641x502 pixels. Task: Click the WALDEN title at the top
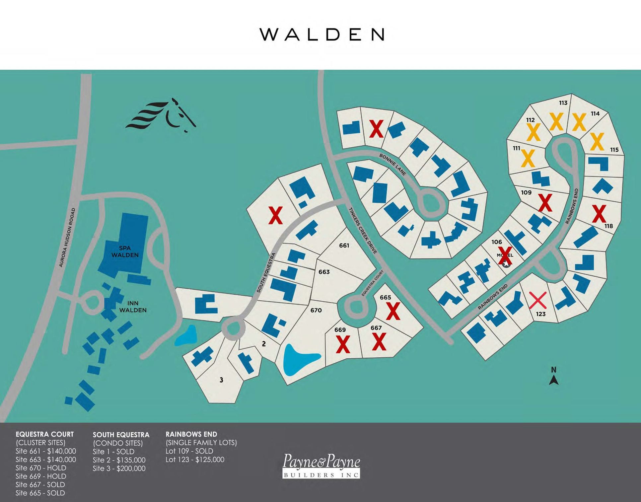click(x=322, y=35)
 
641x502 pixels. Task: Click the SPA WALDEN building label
click(x=125, y=251)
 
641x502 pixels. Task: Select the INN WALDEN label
click(x=133, y=307)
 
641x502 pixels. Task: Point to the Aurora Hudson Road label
click(x=67, y=238)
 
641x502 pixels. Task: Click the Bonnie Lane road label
click(x=393, y=164)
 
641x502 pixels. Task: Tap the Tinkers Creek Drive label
click(x=363, y=231)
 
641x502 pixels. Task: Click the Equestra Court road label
click(x=373, y=283)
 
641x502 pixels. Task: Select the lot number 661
click(x=344, y=246)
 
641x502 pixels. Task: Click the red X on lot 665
click(x=393, y=311)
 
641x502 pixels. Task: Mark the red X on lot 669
click(x=343, y=344)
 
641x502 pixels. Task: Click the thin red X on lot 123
click(x=538, y=300)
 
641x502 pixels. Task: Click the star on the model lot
click(x=506, y=264)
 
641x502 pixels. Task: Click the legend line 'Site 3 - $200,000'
click(x=119, y=468)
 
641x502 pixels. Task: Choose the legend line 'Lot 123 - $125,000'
click(x=195, y=460)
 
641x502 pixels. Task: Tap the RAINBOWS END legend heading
click(x=191, y=434)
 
